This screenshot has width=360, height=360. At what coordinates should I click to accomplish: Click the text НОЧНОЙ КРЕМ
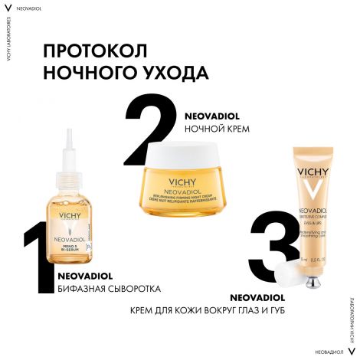[218, 129]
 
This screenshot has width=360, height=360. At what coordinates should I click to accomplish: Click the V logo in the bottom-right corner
[351, 349]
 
